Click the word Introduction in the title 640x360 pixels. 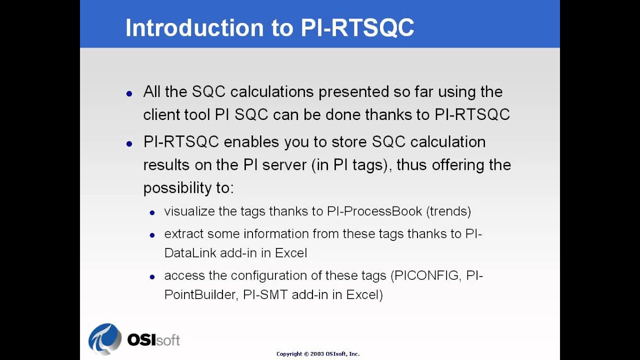pos(194,28)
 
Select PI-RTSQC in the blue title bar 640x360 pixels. pos(357,28)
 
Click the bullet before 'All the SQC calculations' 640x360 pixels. pos(129,93)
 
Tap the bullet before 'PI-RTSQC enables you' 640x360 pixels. pos(129,143)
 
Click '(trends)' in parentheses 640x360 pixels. pos(448,211)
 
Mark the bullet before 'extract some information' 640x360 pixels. pos(152,235)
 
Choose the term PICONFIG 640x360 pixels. pos(426,276)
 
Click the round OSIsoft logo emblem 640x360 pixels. pos(105,339)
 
